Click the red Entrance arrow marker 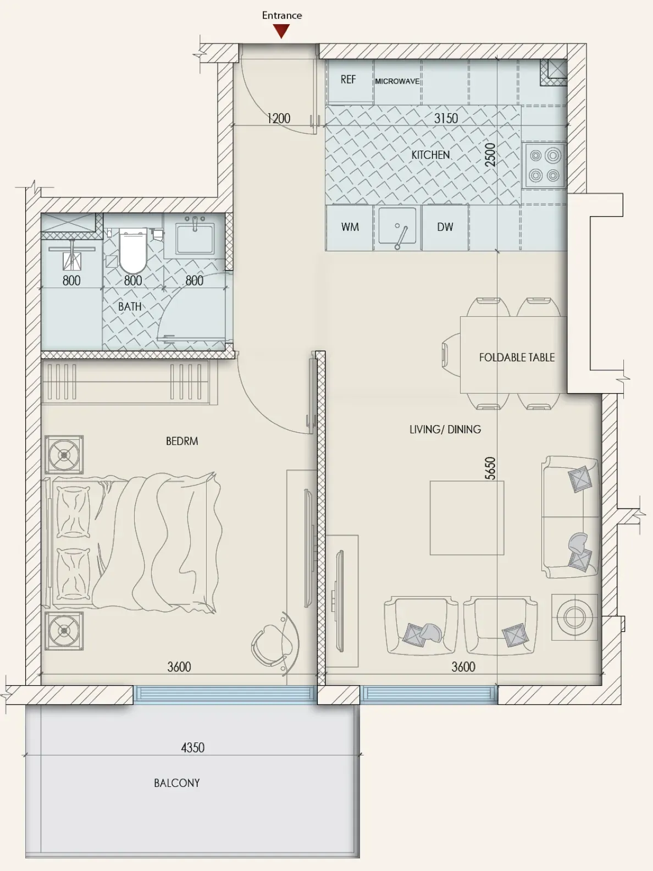coord(281,31)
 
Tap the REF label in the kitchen coord(348,79)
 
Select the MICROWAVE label coord(397,81)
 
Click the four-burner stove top coord(544,164)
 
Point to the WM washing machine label coord(350,227)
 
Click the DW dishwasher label coord(445,227)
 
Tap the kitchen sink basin coord(397,225)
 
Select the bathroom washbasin coord(195,237)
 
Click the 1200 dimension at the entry coord(279,118)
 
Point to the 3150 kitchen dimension coord(446,118)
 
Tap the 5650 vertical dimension coord(490,468)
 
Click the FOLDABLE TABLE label coord(517,357)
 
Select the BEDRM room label coord(182,441)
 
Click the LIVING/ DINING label coord(445,429)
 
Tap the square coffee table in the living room coord(467,518)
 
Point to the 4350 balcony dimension coord(193,748)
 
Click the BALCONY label coord(177,783)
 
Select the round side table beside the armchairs coord(574,618)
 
